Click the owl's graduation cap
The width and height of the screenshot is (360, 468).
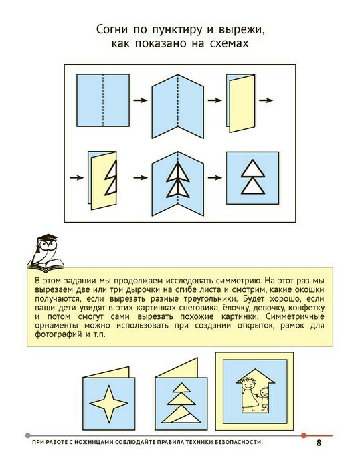click(x=47, y=239)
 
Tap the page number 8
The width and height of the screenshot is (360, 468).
click(x=319, y=443)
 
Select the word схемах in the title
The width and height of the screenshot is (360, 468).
click(x=229, y=43)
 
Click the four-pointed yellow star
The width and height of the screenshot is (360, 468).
click(x=109, y=404)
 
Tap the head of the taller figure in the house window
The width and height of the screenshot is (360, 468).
click(x=248, y=384)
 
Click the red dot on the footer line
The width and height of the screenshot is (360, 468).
click(x=304, y=435)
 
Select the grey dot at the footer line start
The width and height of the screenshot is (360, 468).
click(x=28, y=435)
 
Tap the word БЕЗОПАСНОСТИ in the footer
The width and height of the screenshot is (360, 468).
click(x=238, y=442)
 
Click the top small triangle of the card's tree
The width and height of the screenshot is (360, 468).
click(x=181, y=388)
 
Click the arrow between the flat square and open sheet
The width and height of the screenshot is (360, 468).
click(x=141, y=100)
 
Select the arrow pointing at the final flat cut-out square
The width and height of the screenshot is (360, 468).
click(x=215, y=178)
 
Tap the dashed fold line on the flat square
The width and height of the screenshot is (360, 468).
click(x=103, y=100)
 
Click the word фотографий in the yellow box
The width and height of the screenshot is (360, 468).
click(x=59, y=334)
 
